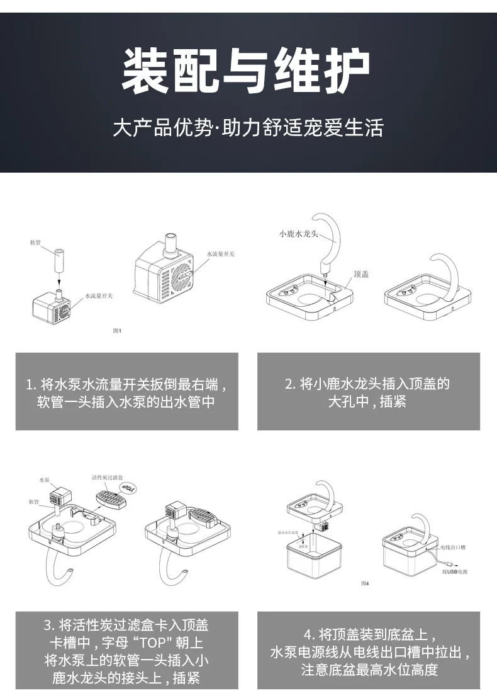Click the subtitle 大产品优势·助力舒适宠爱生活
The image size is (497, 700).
click(248, 128)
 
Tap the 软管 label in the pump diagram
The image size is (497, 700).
click(35, 242)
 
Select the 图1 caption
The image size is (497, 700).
click(116, 330)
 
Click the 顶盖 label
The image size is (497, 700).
click(361, 273)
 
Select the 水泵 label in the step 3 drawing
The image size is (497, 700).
click(43, 480)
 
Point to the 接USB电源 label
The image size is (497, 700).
click(455, 572)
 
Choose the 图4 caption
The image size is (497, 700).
click(365, 583)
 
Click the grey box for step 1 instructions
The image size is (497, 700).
click(126, 391)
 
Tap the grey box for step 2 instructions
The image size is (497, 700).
click(368, 391)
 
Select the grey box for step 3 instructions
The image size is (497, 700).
click(126, 651)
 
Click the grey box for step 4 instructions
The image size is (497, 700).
click(368, 651)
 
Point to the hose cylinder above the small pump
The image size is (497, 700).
click(59, 260)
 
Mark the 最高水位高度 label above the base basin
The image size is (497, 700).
click(289, 532)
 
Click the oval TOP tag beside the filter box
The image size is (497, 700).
click(130, 488)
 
